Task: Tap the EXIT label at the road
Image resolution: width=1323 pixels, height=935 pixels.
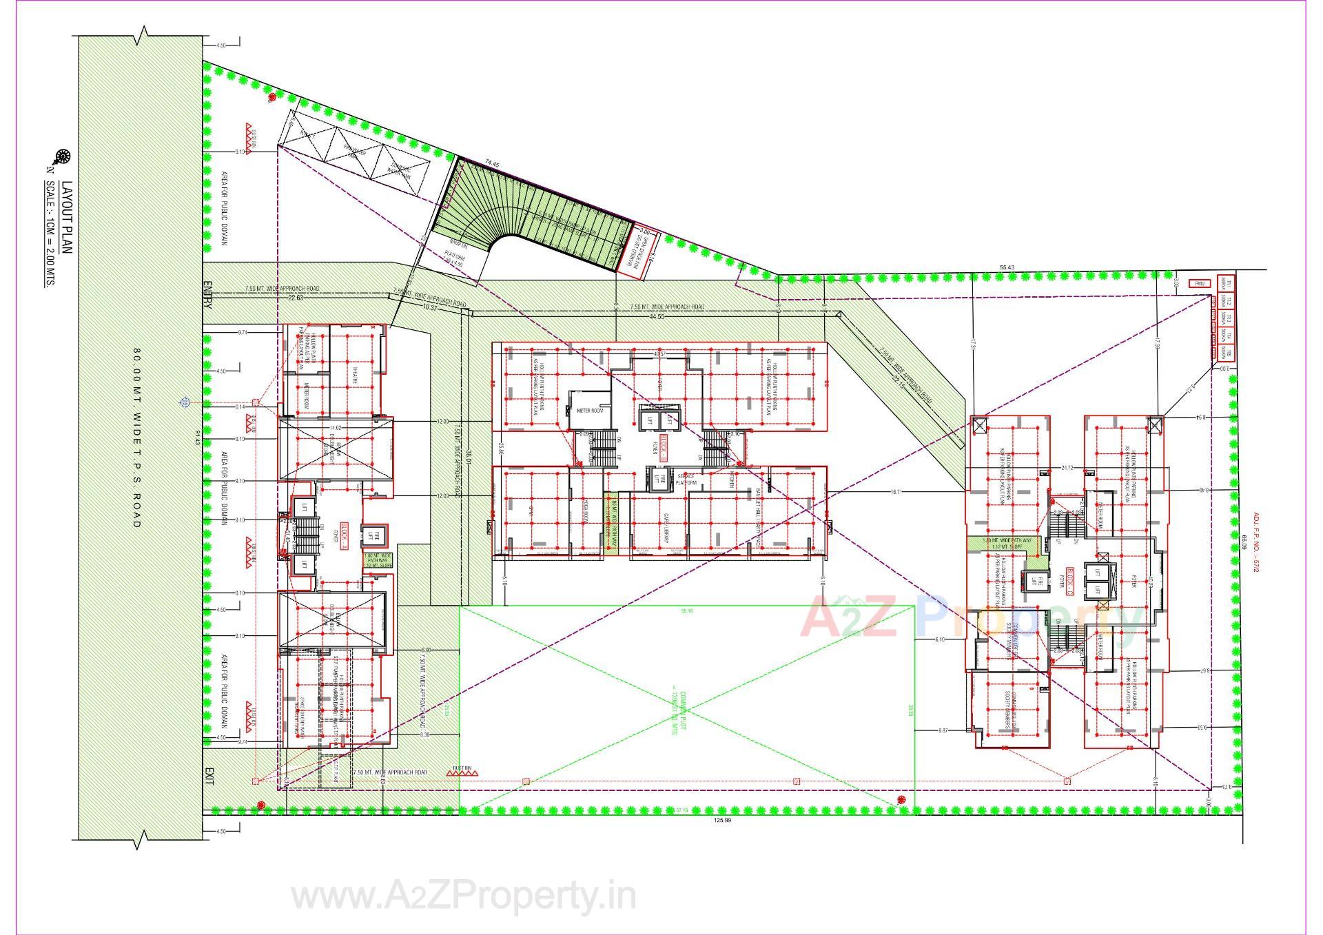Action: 209,777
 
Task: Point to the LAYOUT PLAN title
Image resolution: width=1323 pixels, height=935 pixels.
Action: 68,218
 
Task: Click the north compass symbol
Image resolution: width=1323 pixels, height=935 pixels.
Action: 63,156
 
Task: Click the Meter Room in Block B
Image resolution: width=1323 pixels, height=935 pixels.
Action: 590,410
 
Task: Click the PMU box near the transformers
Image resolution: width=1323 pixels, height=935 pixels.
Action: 1200,283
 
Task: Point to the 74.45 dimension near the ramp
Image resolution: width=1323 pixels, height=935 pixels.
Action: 491,163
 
